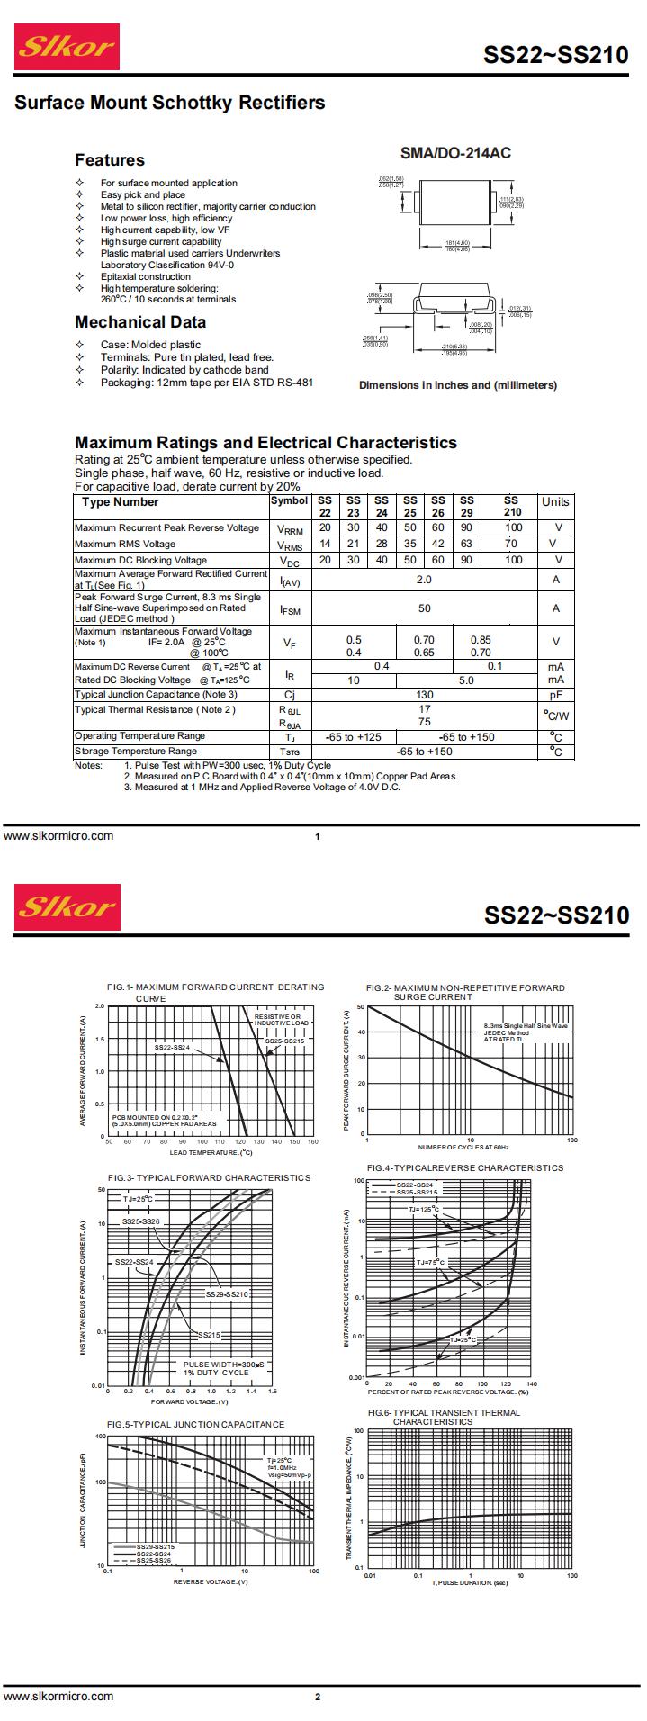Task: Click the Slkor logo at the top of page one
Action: click(68, 48)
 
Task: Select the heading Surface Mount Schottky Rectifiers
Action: click(169, 103)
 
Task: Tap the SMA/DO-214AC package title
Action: click(454, 153)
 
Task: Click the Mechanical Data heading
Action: click(140, 322)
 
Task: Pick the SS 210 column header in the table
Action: click(511, 506)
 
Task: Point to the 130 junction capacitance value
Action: click(424, 695)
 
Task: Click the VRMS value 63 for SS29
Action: click(466, 544)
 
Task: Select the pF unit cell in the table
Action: click(555, 695)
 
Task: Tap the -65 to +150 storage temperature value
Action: click(424, 752)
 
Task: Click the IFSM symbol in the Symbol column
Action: click(290, 609)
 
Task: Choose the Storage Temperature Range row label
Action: click(136, 751)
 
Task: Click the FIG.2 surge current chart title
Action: click(466, 992)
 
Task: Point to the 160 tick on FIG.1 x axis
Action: click(312, 1142)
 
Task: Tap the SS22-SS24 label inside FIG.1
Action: click(172, 1047)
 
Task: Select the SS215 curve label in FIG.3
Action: click(209, 1335)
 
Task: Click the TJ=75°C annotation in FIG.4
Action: click(430, 1263)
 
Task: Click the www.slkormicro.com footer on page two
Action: click(59, 1697)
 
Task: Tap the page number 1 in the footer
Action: click(318, 837)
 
